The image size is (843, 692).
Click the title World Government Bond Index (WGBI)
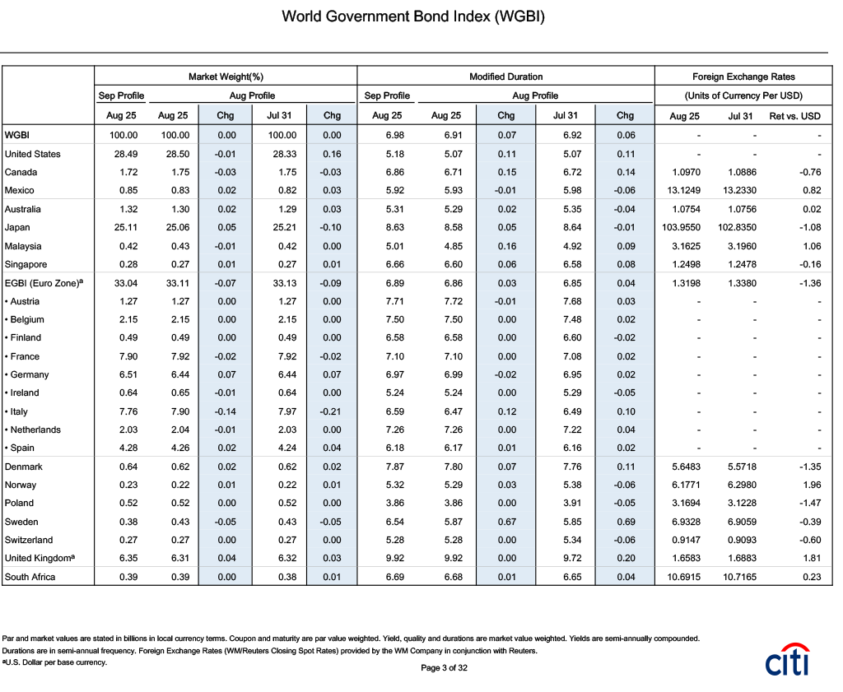[x=413, y=16]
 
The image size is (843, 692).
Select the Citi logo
[x=788, y=659]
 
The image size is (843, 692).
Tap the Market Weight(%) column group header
[x=226, y=77]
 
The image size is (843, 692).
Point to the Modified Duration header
[x=506, y=77]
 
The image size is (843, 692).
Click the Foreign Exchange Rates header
[x=743, y=77]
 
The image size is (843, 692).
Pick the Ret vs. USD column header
[x=794, y=116]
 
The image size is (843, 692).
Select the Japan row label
[x=17, y=228]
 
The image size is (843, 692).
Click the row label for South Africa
[x=30, y=577]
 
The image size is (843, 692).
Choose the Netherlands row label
[x=33, y=430]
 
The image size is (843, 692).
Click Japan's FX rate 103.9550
[x=681, y=228]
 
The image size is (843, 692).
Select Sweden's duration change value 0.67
[x=507, y=522]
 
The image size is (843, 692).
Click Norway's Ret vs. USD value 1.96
[x=812, y=485]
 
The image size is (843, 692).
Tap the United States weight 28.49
[x=126, y=154]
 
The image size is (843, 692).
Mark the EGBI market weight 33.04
[x=126, y=283]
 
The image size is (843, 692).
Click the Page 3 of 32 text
[x=444, y=668]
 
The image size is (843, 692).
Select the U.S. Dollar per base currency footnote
[x=54, y=662]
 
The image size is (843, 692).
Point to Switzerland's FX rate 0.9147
[x=686, y=541]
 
